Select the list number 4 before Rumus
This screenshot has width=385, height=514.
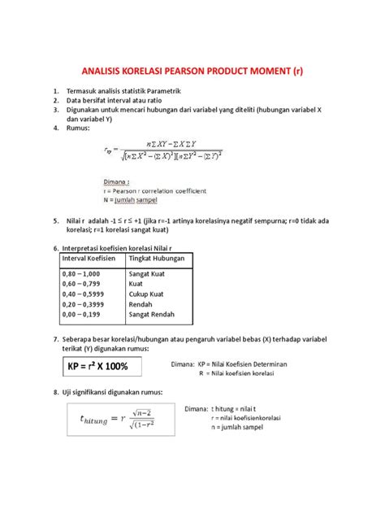coord(54,127)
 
